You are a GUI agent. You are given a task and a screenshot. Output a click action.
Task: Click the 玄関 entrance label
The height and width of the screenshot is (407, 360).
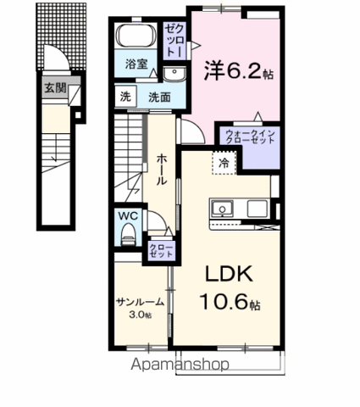(55, 88)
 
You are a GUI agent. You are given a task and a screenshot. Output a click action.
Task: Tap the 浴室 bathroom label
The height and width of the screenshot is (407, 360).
(136, 64)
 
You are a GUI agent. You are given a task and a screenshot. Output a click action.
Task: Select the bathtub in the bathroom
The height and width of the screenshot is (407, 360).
(136, 36)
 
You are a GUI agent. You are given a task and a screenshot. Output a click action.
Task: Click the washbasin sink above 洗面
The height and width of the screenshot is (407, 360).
(174, 75)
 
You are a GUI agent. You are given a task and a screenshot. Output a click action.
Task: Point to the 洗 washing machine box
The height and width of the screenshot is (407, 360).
(125, 97)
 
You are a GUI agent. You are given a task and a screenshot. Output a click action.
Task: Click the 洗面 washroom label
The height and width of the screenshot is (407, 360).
(160, 98)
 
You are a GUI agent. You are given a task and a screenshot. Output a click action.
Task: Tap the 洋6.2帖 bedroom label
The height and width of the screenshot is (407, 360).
(239, 70)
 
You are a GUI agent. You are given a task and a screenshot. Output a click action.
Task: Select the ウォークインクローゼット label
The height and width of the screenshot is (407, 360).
(251, 137)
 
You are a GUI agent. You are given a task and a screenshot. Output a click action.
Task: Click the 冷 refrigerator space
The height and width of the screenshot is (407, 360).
(224, 163)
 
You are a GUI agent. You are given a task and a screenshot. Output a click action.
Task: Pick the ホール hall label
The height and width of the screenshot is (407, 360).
(162, 169)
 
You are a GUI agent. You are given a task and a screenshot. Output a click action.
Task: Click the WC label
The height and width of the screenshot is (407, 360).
(128, 215)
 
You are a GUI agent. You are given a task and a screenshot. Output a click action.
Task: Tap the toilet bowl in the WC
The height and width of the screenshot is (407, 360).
(129, 234)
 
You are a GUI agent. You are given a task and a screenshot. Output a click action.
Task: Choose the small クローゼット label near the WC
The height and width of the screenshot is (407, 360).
(161, 250)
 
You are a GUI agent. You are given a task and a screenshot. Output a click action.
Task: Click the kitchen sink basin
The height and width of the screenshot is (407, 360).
(223, 209)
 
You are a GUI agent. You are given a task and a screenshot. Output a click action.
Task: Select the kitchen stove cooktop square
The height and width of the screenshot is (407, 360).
(258, 209)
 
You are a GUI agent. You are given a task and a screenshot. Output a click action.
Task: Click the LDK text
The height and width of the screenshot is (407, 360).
(229, 274)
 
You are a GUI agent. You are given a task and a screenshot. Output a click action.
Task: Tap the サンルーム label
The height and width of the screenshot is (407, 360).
(141, 302)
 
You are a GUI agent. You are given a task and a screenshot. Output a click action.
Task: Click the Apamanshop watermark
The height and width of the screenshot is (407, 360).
(180, 364)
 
